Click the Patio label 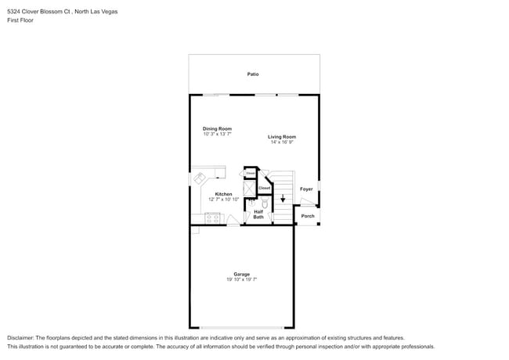253,74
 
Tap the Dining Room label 217,128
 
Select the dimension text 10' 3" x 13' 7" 217,135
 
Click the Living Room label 282,137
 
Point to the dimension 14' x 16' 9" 282,142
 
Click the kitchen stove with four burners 213,219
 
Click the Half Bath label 258,214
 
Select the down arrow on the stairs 283,199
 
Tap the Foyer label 306,189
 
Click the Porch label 308,216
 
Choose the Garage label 241,274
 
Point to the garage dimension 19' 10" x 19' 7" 241,279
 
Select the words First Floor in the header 21,20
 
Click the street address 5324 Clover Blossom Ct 39,12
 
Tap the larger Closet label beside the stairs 265,188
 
